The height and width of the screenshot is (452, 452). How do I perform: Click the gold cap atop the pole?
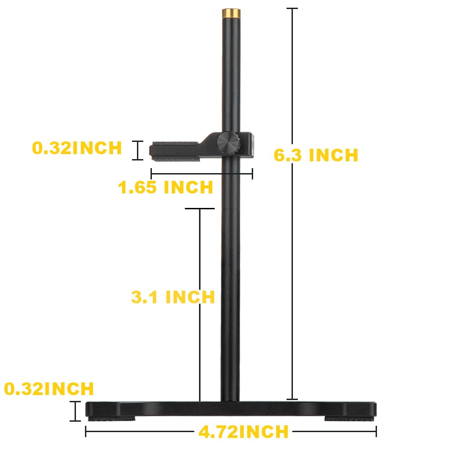[x=230, y=13]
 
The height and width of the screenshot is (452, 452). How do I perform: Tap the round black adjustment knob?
[x=229, y=144]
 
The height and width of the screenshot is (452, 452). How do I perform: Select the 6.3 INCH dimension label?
[x=316, y=155]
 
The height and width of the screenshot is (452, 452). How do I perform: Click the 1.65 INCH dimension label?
[x=165, y=187]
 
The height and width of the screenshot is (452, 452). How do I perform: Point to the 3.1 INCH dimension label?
[x=173, y=297]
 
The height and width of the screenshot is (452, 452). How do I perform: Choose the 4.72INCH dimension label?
[x=243, y=432]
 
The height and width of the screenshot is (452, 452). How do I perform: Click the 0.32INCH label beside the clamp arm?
[x=77, y=148]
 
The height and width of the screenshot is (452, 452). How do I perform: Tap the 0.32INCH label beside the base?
[x=49, y=388]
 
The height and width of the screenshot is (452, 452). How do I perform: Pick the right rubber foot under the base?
[x=348, y=419]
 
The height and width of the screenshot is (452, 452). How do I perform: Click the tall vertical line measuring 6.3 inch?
[x=292, y=203]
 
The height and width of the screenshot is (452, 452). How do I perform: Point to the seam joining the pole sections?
[x=230, y=208]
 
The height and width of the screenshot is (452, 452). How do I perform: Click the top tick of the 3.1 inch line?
[x=199, y=209]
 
